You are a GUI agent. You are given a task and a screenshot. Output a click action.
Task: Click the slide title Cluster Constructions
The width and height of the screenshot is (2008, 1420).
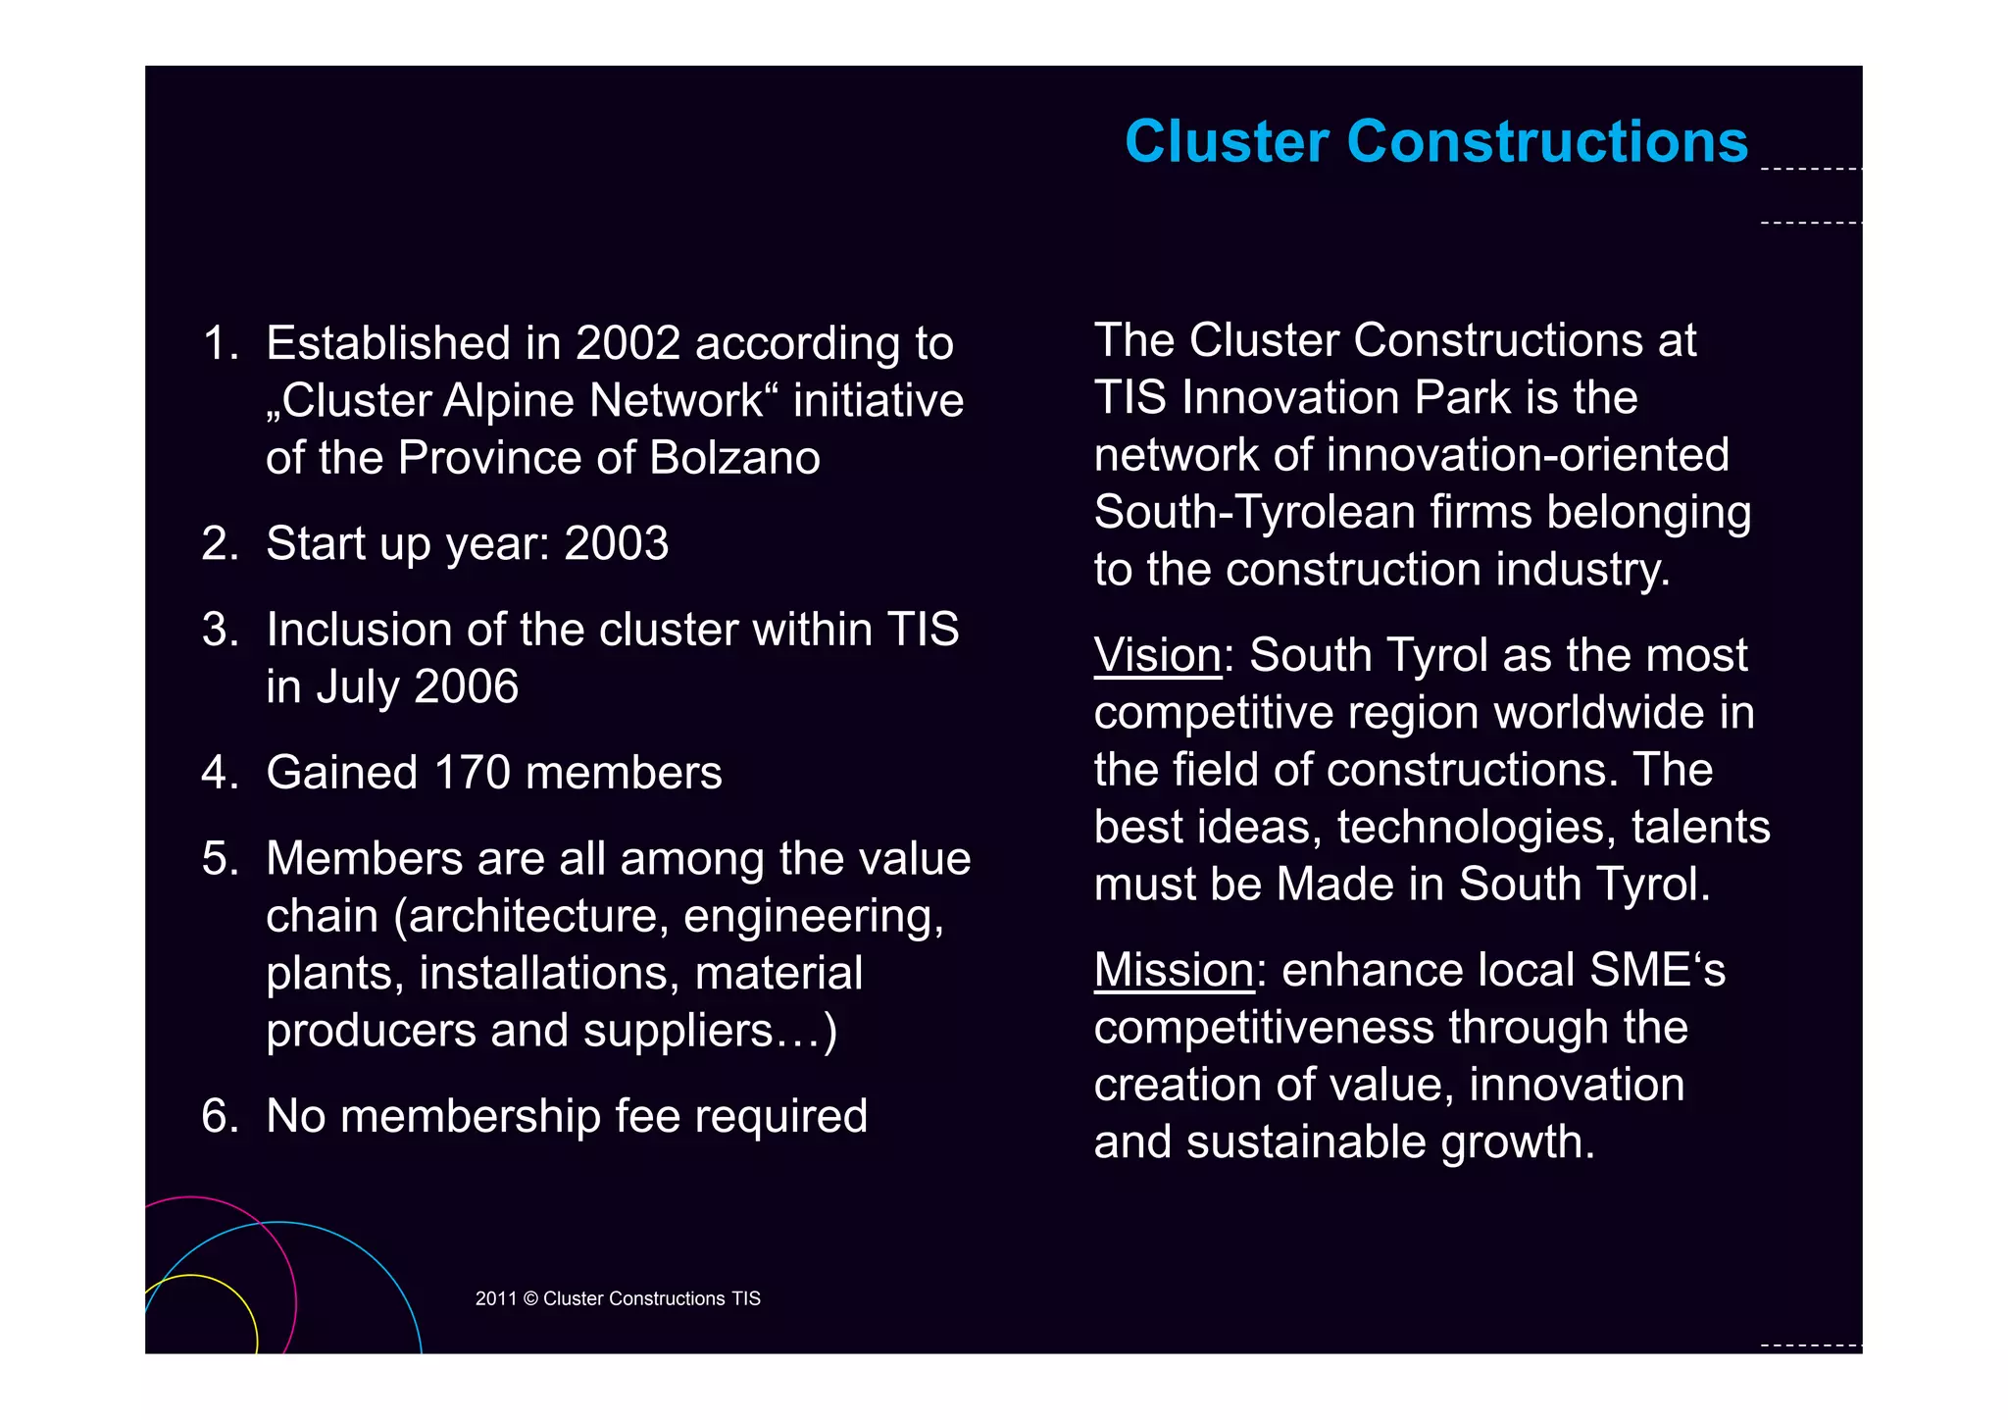point(1435,142)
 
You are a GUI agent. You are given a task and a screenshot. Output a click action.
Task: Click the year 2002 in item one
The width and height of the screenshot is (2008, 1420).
point(627,344)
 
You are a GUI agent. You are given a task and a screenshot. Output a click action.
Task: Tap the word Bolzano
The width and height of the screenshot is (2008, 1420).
point(734,459)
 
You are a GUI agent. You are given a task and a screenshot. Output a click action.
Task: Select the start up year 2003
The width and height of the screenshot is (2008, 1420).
point(616,544)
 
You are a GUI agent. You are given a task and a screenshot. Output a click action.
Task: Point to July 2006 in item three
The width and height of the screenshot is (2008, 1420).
point(418,687)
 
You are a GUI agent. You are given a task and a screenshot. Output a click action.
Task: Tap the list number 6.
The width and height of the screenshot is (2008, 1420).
point(217,1117)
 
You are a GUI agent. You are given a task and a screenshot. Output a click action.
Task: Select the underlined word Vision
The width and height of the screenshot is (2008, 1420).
point(1157,656)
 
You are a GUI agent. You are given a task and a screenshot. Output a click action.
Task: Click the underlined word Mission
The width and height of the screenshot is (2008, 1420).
point(1173,971)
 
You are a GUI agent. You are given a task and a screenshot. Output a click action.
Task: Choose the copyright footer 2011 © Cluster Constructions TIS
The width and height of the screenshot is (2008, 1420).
point(618,1298)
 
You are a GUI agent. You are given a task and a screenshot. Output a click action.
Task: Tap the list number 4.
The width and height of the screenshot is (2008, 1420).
point(217,774)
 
